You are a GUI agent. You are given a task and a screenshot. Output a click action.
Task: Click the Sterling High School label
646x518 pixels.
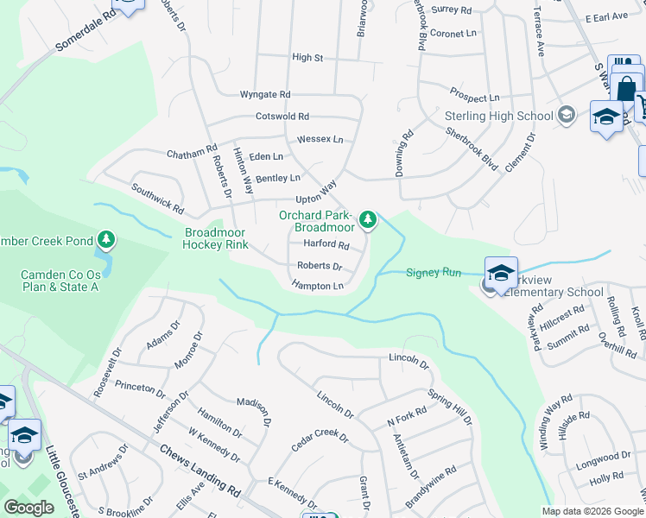coord(498,117)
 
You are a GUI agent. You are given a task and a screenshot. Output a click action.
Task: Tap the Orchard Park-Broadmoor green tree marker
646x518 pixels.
coord(369,219)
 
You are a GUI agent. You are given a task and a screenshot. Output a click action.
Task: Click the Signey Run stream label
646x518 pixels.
coord(434,273)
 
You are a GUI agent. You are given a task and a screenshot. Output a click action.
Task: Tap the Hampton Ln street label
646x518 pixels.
coord(318,285)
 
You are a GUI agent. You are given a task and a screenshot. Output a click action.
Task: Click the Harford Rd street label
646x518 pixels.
coord(326,245)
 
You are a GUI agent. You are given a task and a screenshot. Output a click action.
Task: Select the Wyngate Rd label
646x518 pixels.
coord(265,94)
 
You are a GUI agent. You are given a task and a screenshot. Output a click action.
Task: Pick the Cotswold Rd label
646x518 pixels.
coord(282,117)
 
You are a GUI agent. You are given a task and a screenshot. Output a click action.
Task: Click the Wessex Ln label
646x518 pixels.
coord(320,139)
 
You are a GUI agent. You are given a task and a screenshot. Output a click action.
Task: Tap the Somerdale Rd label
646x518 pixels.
coord(85,31)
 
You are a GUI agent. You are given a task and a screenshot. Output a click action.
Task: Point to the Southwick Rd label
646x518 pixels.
coord(157,198)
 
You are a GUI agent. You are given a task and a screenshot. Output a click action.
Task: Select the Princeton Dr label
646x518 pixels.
coord(140,390)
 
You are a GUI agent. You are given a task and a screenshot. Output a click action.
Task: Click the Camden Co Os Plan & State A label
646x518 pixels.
coord(60,281)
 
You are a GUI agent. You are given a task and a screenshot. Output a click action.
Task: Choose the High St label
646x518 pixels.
coord(307,58)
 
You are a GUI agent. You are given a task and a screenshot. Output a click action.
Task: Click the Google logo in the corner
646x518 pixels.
coord(28,508)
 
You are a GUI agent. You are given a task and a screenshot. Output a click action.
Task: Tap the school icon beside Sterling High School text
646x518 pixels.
coord(567,115)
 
